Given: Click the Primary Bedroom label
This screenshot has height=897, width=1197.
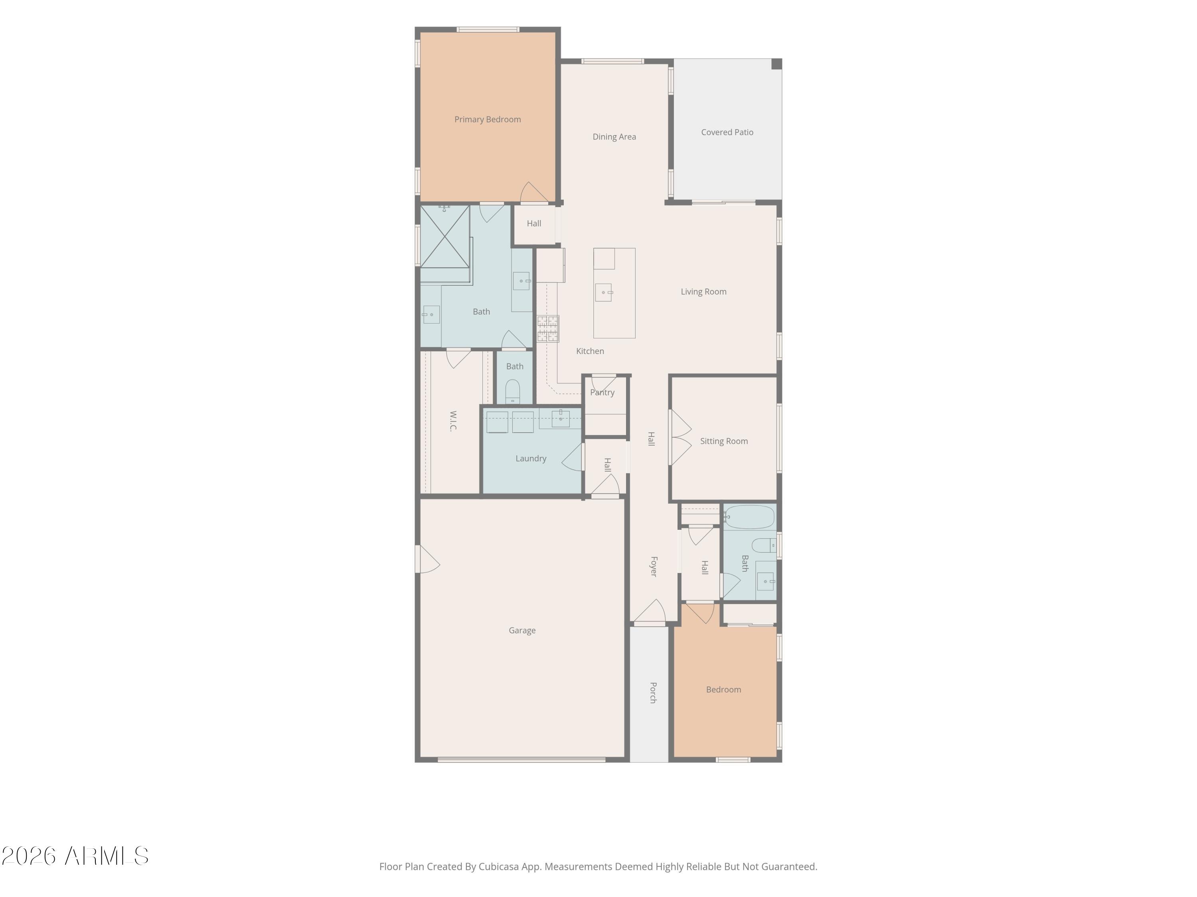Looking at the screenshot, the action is [488, 120].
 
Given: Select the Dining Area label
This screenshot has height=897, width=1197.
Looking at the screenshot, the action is [614, 137].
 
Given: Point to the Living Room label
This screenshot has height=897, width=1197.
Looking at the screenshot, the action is [703, 292].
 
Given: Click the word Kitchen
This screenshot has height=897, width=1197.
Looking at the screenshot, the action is [590, 352].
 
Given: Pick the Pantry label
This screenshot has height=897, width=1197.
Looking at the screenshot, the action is [602, 393].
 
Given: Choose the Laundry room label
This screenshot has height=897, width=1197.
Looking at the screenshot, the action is [531, 458].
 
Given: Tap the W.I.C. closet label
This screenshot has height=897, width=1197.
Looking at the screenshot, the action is [454, 421].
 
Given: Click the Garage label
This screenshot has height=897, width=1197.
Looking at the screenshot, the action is [522, 630].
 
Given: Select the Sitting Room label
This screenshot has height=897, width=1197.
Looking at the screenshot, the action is [724, 441].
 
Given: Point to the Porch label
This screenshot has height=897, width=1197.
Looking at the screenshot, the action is [653, 692].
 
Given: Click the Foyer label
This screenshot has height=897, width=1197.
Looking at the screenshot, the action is [654, 567].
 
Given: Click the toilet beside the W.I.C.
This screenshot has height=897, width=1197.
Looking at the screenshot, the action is [512, 391].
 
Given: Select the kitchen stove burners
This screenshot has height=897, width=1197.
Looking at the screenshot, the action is [548, 329].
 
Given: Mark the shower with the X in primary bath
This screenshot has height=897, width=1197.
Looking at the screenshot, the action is [445, 237].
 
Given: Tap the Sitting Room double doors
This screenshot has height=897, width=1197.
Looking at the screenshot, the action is [680, 437].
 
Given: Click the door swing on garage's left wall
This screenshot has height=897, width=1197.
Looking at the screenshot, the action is [427, 559].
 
